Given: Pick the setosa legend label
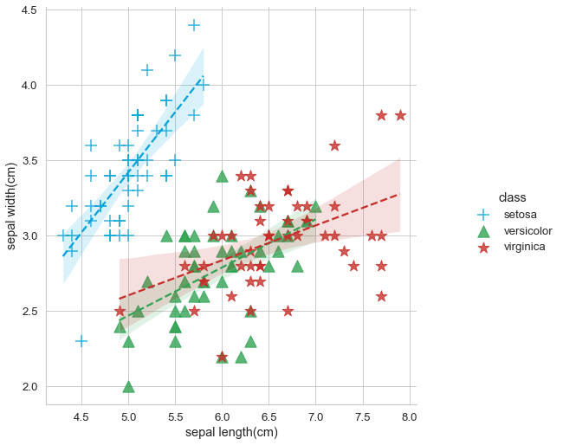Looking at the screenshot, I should point(521,214).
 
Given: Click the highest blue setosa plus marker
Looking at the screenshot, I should point(194,25).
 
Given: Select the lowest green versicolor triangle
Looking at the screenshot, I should point(128,386).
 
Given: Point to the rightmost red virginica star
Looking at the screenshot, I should point(400,115).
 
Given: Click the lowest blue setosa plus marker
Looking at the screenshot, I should point(81,341).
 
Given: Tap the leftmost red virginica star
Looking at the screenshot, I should point(120,311).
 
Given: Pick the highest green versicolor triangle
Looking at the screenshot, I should point(222,176).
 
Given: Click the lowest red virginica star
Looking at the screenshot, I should point(222,357).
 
